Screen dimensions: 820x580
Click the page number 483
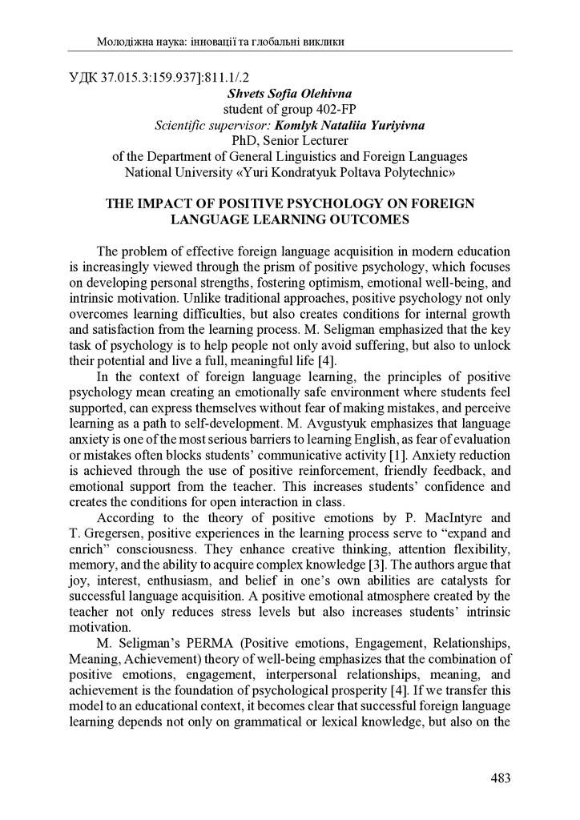pos(500,778)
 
